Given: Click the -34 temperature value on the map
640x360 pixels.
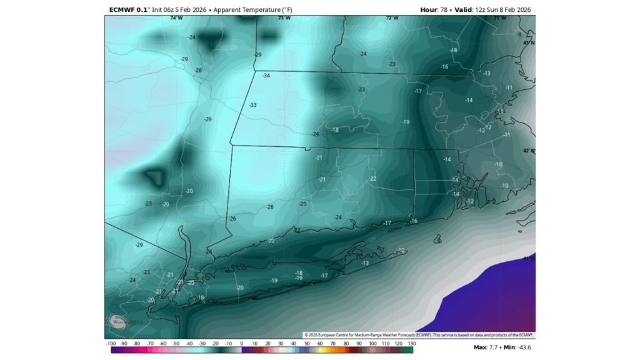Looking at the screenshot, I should (x=266, y=76).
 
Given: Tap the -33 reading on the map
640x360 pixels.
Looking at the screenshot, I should (x=253, y=105).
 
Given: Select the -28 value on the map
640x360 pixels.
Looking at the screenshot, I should (x=270, y=207).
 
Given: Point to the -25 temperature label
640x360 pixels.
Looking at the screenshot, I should (x=302, y=204).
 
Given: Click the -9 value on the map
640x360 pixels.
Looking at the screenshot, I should (x=519, y=34).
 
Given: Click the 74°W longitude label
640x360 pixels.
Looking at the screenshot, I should (x=176, y=18).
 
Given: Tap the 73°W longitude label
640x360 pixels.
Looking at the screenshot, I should (x=284, y=18).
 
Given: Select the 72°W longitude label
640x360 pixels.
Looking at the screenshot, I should (x=392, y=18).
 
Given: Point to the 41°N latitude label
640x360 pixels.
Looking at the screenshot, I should (x=529, y=257).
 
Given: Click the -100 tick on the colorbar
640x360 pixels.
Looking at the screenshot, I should (x=110, y=344).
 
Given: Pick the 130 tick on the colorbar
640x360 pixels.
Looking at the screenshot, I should (x=411, y=344).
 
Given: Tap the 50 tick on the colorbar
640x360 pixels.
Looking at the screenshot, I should (x=307, y=344).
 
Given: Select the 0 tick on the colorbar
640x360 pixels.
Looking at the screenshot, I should (x=241, y=344).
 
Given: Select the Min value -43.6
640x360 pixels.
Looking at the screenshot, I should (x=527, y=346).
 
